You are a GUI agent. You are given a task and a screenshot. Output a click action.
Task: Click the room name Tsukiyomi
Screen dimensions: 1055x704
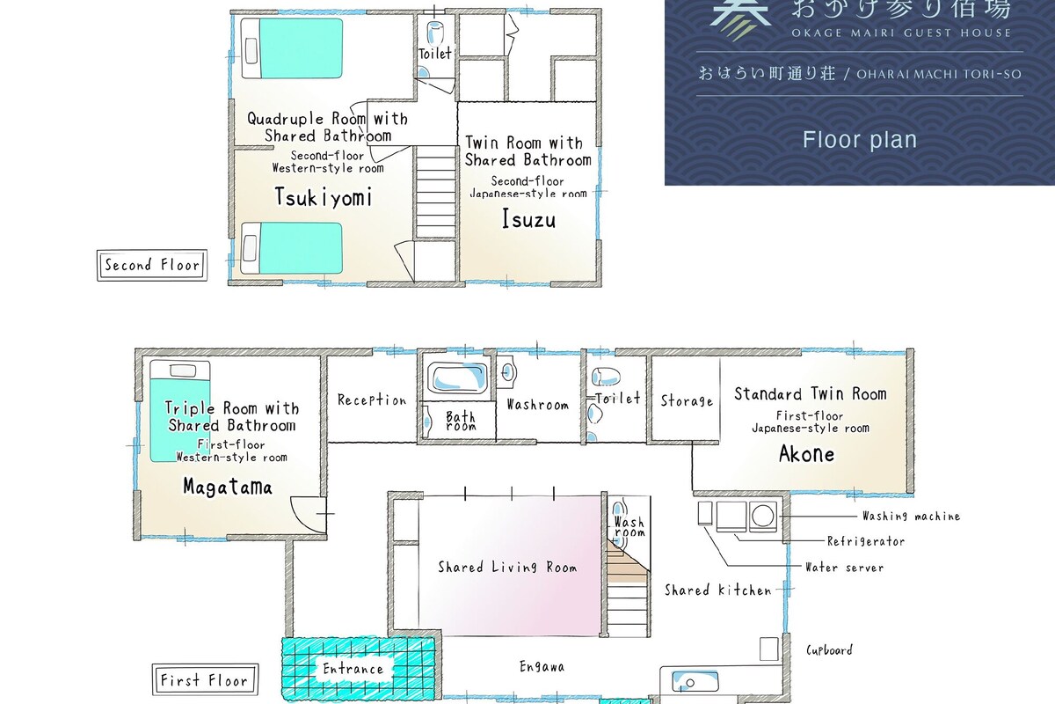tap(324, 197)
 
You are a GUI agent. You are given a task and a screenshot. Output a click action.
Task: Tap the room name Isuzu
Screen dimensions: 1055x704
tap(528, 219)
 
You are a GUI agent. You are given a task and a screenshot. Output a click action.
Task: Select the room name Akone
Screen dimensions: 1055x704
tap(806, 454)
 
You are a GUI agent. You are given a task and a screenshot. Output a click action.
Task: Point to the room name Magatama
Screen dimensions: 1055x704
tap(228, 487)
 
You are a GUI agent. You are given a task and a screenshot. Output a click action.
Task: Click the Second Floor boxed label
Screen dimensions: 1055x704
tap(152, 266)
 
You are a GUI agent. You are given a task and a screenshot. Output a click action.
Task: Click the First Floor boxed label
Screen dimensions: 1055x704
tap(205, 679)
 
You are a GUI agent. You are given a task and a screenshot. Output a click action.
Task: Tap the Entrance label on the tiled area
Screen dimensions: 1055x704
tap(353, 669)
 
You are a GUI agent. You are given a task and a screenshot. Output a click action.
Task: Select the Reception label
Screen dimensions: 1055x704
tap(372, 400)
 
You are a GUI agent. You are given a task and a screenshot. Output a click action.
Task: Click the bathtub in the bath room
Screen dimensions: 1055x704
tap(457, 378)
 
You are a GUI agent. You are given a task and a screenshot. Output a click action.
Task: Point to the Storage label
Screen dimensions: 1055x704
tap(687, 401)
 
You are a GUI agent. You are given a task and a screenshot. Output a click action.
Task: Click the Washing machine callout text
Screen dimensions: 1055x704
tap(911, 517)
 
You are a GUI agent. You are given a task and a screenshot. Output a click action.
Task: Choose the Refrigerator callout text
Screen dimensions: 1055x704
tap(866, 541)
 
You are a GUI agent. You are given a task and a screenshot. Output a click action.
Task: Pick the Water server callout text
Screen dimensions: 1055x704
tap(845, 568)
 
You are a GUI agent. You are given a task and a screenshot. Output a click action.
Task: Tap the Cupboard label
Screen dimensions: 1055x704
tap(829, 650)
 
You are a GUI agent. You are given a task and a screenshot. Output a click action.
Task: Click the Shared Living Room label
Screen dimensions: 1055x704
tap(508, 567)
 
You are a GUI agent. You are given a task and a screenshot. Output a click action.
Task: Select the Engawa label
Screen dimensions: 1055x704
tap(542, 667)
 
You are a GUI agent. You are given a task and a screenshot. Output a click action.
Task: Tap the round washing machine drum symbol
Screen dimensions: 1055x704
tap(762, 516)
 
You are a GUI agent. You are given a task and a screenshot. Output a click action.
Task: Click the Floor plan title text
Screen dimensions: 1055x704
tap(860, 140)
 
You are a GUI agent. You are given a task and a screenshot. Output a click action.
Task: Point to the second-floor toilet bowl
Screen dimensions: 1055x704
tap(434, 33)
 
